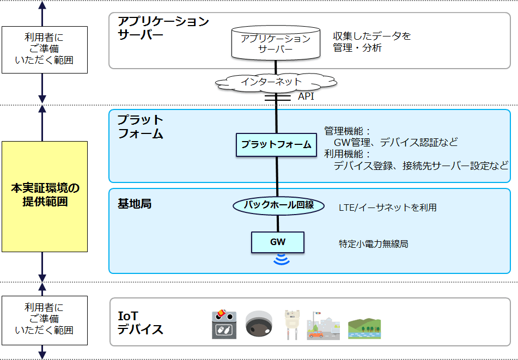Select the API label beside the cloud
tap(306, 96)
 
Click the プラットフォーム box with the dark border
tap(276, 145)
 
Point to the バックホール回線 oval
tap(278, 205)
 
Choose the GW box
tap(277, 241)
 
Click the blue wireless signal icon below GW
tap(282, 259)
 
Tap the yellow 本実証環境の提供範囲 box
tap(44, 196)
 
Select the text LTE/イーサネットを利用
tap(387, 208)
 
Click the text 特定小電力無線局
tap(373, 244)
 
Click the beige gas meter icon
tap(292, 325)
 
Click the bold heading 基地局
tap(135, 204)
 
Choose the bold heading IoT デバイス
tap(140, 322)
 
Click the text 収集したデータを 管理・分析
tap(371, 42)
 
